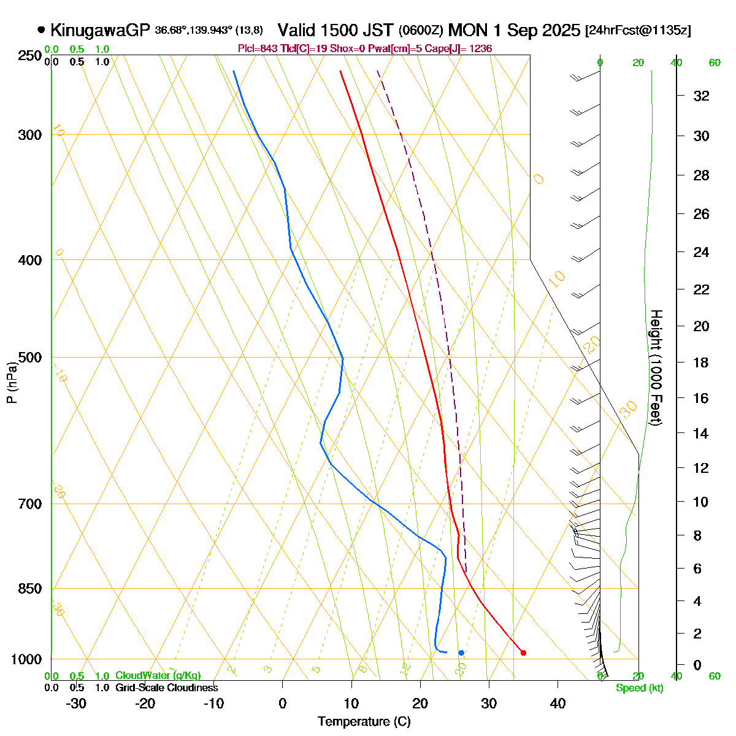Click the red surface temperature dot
523,653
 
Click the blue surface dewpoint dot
461,653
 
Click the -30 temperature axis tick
76,703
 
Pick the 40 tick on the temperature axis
558,703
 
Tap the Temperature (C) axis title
364,722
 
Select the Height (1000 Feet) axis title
656,368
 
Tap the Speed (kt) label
640,688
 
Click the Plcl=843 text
255,48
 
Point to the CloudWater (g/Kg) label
158,676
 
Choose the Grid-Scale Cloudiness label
166,688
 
